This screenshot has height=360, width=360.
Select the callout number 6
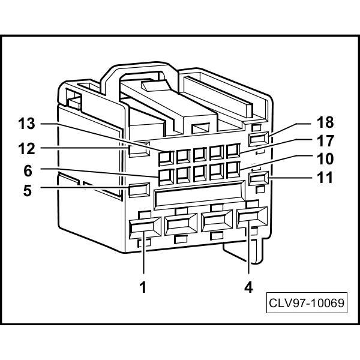tap(28, 170)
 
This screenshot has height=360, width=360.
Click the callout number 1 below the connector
tap(143, 287)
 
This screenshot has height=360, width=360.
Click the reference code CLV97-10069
tap(307, 302)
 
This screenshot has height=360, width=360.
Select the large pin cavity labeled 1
tap(143, 227)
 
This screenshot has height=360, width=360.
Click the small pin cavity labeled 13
tap(166, 157)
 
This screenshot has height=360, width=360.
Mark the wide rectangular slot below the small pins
tap(198, 196)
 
